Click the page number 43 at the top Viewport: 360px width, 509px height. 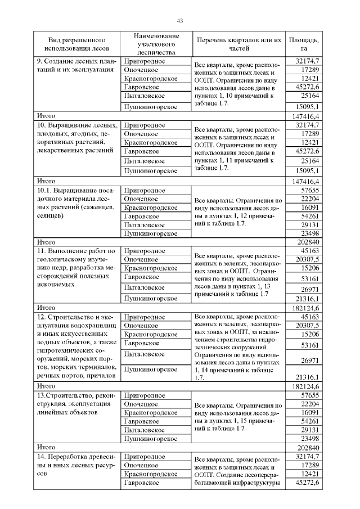pyautogui.click(x=180, y=21)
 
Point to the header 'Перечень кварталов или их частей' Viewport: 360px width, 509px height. pyautogui.click(x=238, y=44)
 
